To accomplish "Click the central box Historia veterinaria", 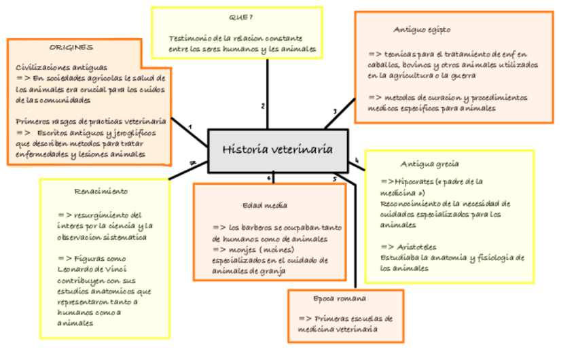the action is [x=278, y=149].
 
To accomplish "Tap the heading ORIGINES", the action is [x=71, y=48].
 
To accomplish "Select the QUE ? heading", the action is [x=240, y=17].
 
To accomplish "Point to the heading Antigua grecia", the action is [x=429, y=164].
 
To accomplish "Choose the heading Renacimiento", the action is [x=101, y=192].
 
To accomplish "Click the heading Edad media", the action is [x=264, y=205].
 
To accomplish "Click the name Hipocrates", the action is [x=413, y=181].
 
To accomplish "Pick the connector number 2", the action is [x=262, y=106].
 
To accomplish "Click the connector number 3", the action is [x=334, y=111].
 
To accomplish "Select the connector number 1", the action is [x=190, y=127].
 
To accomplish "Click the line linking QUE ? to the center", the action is [x=268, y=88].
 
